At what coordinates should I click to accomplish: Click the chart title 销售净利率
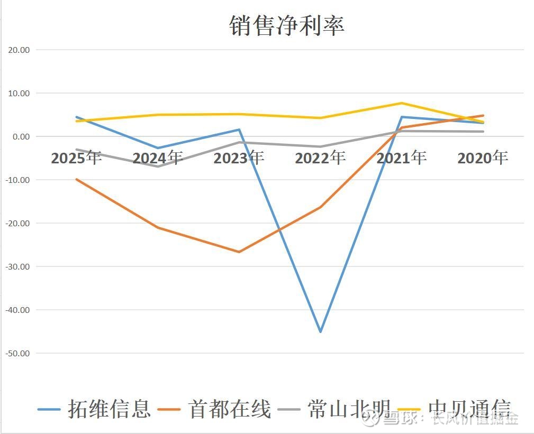(287, 25)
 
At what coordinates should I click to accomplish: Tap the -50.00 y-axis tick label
(17, 353)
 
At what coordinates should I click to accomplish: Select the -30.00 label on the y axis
(17, 266)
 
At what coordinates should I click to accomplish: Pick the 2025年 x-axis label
(76, 158)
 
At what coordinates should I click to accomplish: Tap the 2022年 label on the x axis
(320, 158)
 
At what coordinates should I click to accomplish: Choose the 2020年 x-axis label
(483, 158)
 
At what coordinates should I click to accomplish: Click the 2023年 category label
(239, 158)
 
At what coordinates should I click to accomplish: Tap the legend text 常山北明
(349, 409)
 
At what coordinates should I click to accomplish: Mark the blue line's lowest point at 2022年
(320, 332)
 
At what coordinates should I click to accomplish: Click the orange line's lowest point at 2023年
(239, 252)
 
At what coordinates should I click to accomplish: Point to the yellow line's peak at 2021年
(402, 103)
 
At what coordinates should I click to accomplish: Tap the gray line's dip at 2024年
(158, 167)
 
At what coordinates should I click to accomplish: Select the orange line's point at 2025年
(76, 179)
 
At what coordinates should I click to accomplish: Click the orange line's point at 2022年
(320, 207)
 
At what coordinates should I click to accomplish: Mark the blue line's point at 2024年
(158, 148)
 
